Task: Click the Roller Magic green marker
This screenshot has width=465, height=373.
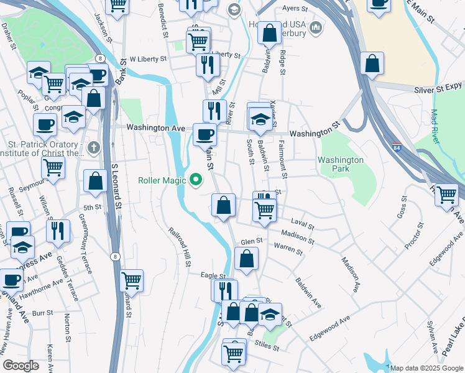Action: tap(196, 181)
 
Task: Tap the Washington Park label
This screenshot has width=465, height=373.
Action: tap(340, 164)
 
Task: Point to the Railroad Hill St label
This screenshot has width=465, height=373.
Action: tap(179, 247)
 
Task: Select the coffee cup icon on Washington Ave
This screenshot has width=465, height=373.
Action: tap(205, 134)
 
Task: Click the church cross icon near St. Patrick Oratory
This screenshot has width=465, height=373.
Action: tap(93, 148)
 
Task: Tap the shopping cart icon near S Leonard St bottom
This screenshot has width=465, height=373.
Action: tap(131, 281)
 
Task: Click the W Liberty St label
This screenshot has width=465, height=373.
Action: tap(147, 60)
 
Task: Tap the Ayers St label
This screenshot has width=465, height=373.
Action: tap(295, 9)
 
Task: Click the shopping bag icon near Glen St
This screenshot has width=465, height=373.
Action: tap(246, 259)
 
